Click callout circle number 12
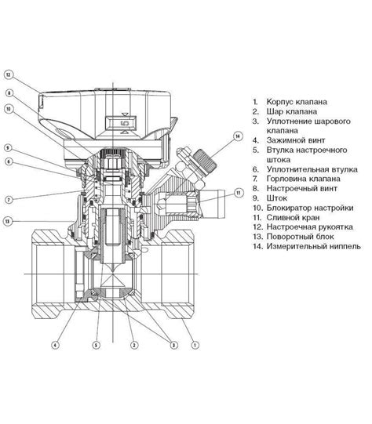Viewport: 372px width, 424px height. pos(9,75)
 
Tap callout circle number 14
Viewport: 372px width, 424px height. pos(235,139)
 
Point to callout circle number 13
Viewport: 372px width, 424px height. pos(9,219)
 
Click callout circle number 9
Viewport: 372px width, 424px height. pos(9,147)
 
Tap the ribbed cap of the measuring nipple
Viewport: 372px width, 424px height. pos(202,158)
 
